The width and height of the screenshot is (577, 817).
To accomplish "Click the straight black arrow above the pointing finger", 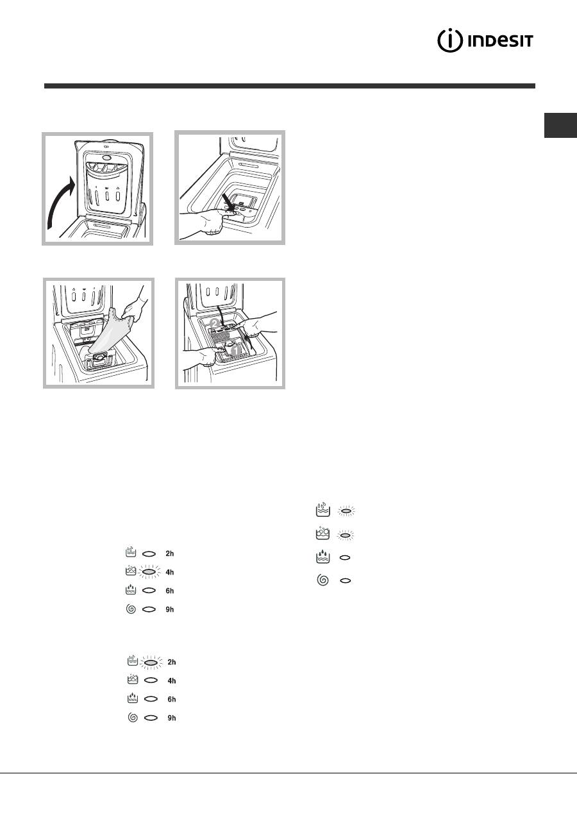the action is pos(230,201).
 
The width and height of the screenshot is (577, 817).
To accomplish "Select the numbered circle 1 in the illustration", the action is pos(236,351).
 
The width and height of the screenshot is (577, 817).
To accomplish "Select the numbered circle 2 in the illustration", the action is pos(215,323).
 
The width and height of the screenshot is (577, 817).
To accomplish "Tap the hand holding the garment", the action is pos(133,306).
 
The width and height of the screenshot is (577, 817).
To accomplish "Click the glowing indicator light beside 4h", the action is pos(148,572).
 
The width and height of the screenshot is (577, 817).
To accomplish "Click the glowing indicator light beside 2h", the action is pos(151,662).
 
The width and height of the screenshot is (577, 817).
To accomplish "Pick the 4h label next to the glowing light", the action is pos(170,572).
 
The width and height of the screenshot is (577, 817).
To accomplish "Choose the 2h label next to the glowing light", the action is pos(172,662).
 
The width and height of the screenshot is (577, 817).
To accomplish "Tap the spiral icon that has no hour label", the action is pos(322,580).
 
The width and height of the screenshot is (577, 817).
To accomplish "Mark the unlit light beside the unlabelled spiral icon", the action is pos(345,580).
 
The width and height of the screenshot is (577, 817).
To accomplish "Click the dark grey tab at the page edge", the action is pos(560,125).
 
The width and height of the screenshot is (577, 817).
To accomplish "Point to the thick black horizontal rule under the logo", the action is pos(290,86).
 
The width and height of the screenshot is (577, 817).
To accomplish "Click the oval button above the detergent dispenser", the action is pos(107,158).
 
